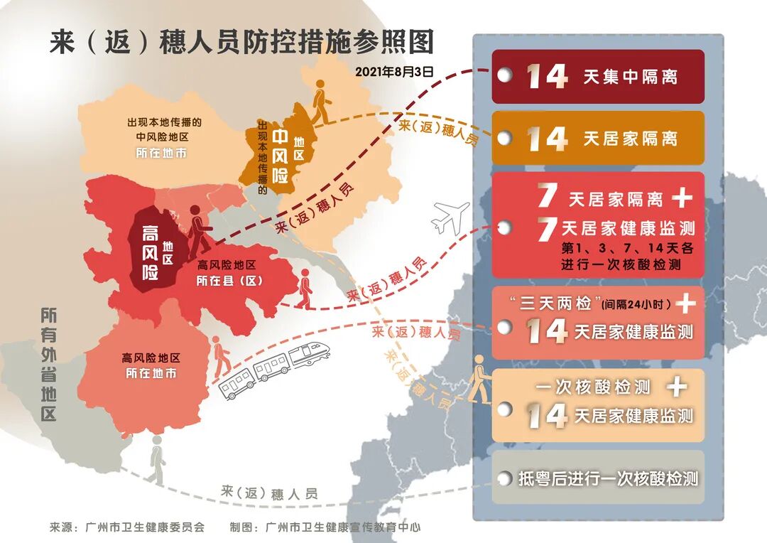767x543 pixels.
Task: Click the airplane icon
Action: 451,217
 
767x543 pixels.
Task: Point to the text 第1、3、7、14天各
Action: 626,248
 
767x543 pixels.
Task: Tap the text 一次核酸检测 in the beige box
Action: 594,387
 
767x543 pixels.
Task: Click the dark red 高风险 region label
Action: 150,252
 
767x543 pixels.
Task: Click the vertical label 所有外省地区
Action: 48,364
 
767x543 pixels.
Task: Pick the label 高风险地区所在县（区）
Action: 229,272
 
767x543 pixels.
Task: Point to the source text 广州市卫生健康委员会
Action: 144,527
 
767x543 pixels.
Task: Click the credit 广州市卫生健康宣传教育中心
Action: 342,527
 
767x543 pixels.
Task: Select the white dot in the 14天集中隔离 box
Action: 504,76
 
